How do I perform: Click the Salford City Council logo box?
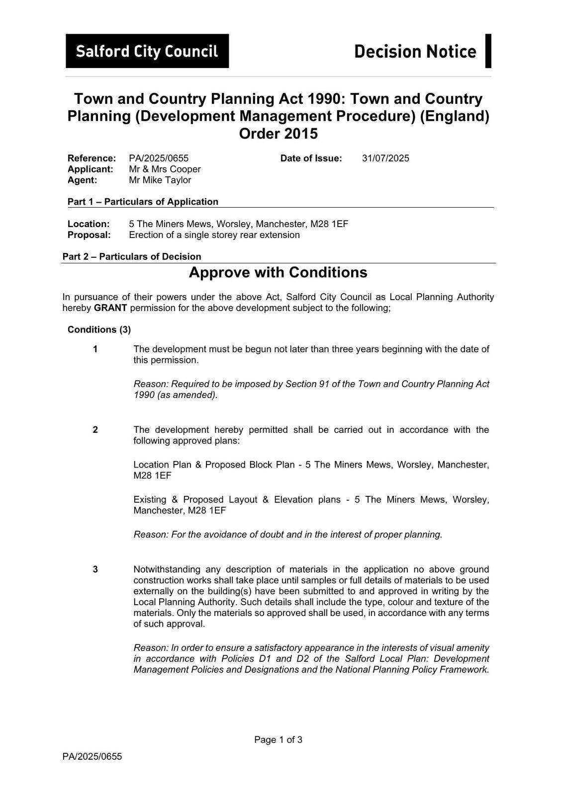(147, 51)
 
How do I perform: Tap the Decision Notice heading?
(415, 51)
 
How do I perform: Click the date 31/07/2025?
(385, 159)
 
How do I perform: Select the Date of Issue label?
(311, 159)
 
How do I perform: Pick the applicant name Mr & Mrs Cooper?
(165, 169)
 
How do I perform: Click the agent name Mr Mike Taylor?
(160, 180)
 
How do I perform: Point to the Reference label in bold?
(92, 159)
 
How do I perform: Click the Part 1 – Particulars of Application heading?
(143, 202)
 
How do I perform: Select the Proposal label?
(89, 235)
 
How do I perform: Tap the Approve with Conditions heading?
(278, 272)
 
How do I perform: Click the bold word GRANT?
(110, 308)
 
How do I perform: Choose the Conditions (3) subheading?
(99, 330)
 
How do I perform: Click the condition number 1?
(95, 349)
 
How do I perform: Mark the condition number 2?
(95, 430)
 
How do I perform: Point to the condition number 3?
(95, 569)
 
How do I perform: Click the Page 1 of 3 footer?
(278, 740)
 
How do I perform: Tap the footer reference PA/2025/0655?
(92, 757)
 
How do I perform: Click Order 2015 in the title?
(278, 134)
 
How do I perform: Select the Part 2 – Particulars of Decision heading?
(132, 257)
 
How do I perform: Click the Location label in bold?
(89, 224)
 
